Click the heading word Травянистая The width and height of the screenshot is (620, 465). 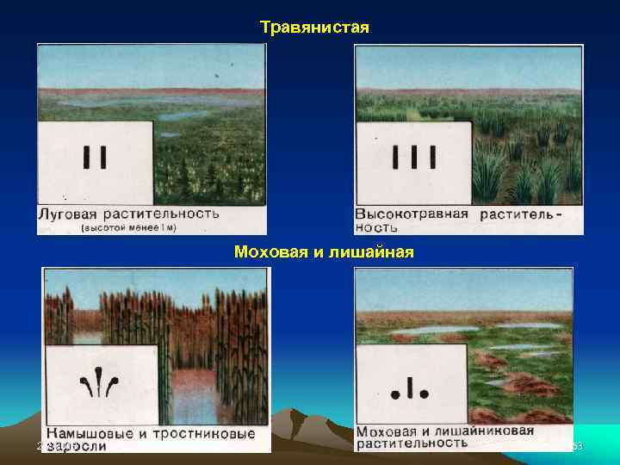point(314,28)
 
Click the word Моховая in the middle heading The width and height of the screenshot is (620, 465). point(266,252)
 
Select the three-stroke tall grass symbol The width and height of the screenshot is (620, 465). point(414,158)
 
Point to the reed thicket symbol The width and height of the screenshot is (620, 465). point(101,381)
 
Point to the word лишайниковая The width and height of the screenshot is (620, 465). point(487,431)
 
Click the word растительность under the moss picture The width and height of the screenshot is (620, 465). point(412,444)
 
